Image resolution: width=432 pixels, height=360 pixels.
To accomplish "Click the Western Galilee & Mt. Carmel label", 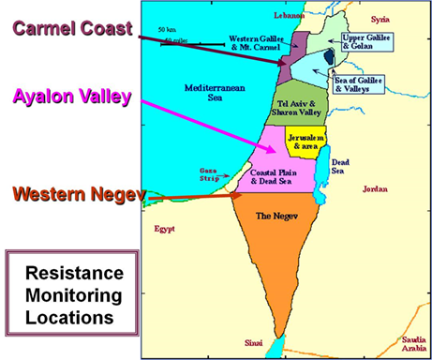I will pos(255,43).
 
